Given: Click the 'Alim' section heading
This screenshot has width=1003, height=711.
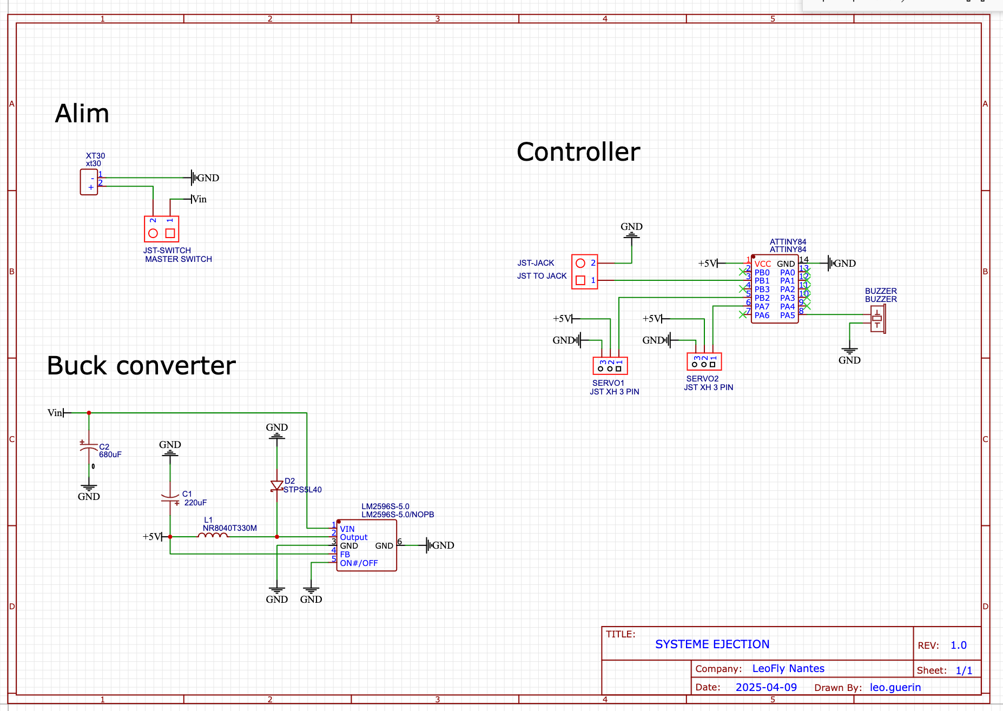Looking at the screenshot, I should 82,114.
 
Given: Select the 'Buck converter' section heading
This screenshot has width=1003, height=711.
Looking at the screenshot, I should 141,366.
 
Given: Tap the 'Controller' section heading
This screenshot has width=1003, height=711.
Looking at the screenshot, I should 578,152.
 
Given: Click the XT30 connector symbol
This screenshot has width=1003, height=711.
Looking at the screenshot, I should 89,182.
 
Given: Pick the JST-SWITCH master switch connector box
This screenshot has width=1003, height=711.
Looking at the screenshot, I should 161,229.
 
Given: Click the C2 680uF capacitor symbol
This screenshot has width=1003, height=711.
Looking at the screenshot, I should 89,448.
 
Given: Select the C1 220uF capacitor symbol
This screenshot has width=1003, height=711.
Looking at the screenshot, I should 170,498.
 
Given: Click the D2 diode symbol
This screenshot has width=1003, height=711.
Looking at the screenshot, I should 277,486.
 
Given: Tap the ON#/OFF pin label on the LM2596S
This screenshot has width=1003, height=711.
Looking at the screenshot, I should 359,563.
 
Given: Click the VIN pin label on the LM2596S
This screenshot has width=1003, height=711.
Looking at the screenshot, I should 347,529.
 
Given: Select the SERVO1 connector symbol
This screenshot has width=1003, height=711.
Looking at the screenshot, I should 610,366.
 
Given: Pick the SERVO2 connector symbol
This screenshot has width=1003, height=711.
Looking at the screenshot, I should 704,361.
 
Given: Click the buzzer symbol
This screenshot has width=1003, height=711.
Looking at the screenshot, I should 877,319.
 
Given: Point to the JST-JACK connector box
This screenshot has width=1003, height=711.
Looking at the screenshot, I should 585,272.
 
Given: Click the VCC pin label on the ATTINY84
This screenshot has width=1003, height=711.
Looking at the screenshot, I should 763,264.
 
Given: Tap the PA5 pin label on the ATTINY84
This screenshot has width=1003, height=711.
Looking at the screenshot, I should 787,315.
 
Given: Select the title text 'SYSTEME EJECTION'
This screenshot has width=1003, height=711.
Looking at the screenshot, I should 712,644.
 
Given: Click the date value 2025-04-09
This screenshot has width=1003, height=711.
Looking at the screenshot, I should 766,687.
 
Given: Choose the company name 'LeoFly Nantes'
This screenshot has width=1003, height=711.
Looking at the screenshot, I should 788,669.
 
